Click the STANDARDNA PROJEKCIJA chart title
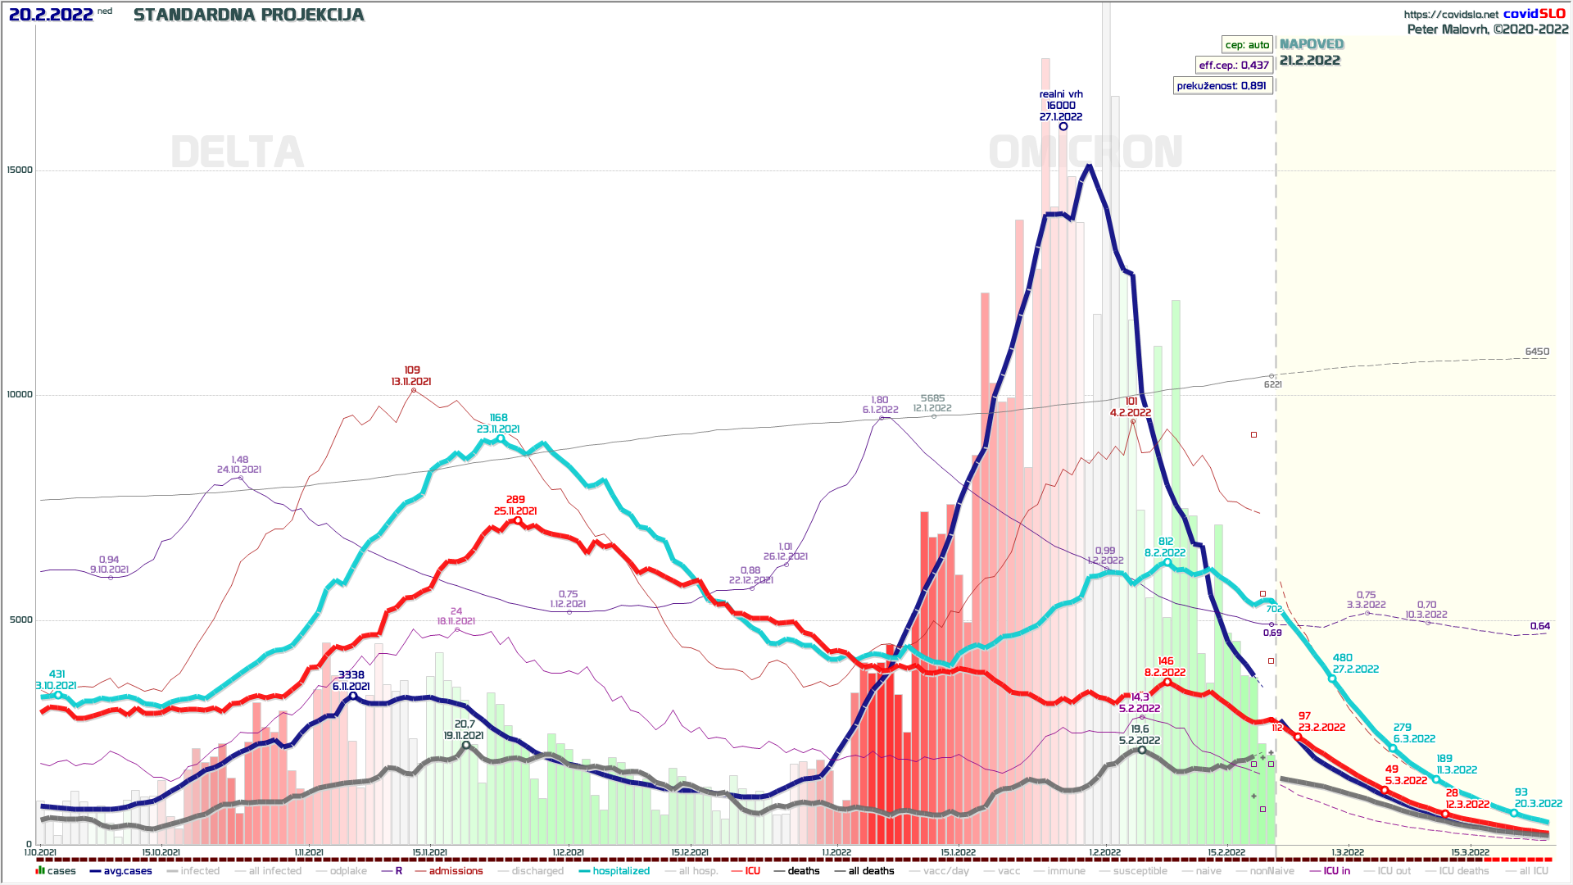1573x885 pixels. click(248, 15)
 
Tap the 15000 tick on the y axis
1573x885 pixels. click(20, 170)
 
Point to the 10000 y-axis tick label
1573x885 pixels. click(20, 395)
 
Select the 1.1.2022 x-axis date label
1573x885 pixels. click(836, 852)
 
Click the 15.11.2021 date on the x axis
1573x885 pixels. click(429, 852)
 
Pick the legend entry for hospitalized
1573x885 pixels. click(620, 871)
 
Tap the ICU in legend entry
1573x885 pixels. click(1336, 871)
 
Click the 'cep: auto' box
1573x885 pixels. click(1247, 45)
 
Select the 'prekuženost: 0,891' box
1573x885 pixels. click(1222, 86)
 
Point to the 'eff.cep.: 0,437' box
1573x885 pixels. click(1234, 66)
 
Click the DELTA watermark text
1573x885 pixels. click(237, 152)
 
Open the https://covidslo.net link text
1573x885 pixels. click(1451, 15)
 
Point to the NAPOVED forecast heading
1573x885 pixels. click(1312, 44)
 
